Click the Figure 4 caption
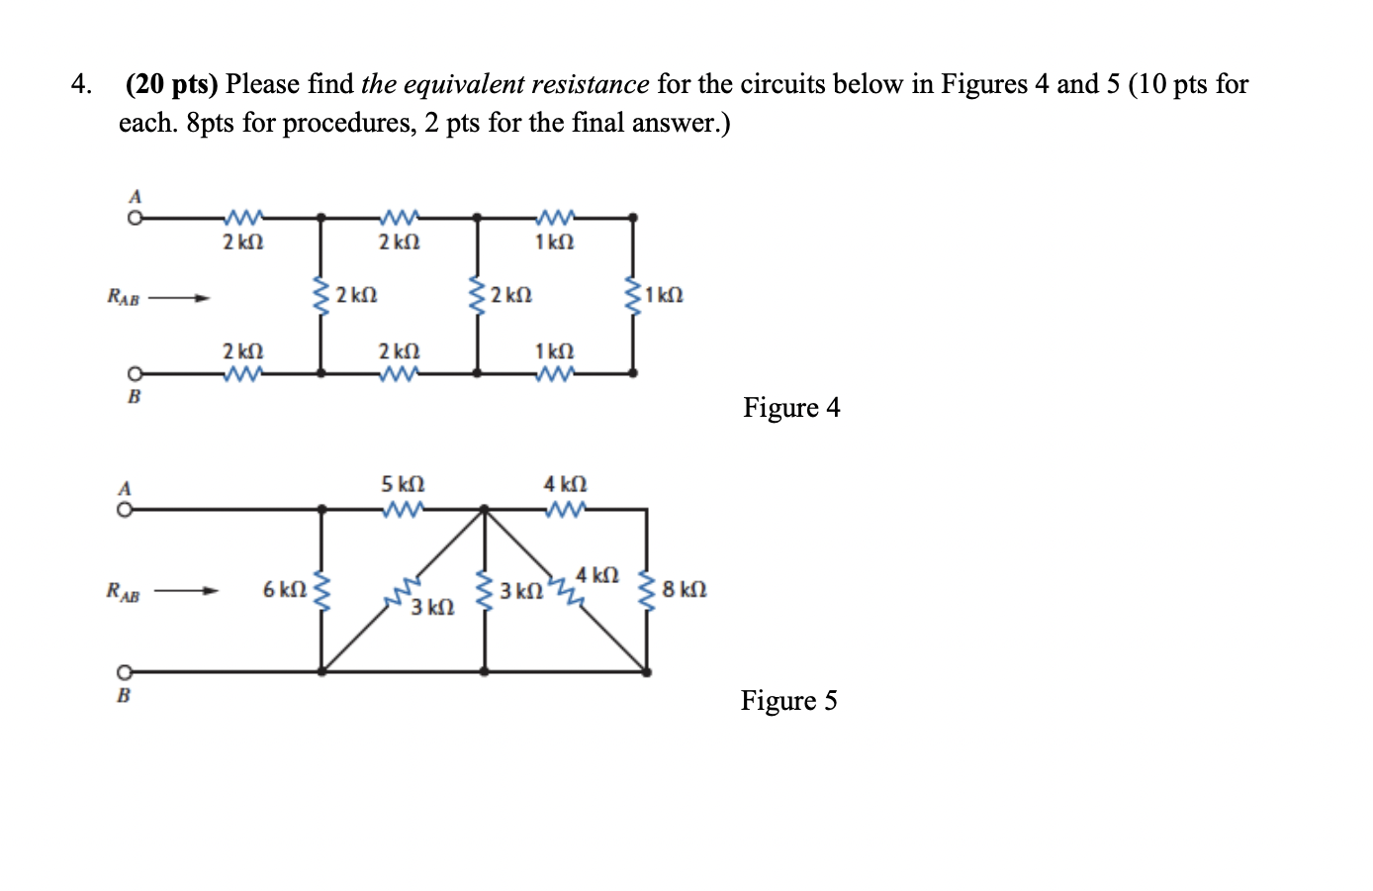pyautogui.click(x=791, y=408)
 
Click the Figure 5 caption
pyautogui.click(x=788, y=701)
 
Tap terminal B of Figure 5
pyautogui.click(x=126, y=671)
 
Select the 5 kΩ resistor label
pyautogui.click(x=403, y=484)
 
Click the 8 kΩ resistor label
pyautogui.click(x=685, y=590)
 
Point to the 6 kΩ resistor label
pyautogui.click(x=284, y=590)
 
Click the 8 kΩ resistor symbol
pyautogui.click(x=648, y=591)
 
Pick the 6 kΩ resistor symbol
pyautogui.click(x=320, y=591)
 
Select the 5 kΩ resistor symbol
pyautogui.click(x=403, y=510)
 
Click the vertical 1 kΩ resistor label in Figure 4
pyautogui.click(x=663, y=295)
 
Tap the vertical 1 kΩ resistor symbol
pyautogui.click(x=632, y=295)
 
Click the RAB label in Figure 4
pyautogui.click(x=124, y=297)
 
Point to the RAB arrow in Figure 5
pyautogui.click(x=186, y=592)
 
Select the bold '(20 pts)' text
pyautogui.click(x=171, y=84)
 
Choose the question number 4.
pyautogui.click(x=81, y=84)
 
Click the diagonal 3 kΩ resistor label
pyautogui.click(x=432, y=607)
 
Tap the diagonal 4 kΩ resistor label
pyautogui.click(x=597, y=575)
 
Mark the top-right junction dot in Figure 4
pyautogui.click(x=633, y=217)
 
